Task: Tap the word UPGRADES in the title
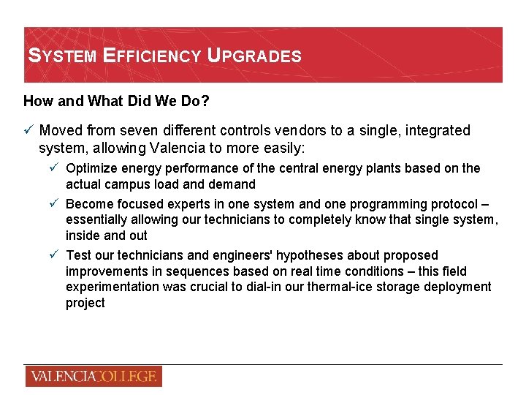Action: click(254, 56)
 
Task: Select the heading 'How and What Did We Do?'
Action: click(116, 101)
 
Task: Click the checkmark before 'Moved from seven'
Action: click(28, 130)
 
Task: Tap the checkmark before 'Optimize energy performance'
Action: click(55, 168)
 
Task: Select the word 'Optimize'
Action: click(91, 168)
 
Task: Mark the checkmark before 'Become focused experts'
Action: click(55, 204)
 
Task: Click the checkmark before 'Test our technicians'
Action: click(55, 255)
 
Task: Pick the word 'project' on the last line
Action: click(85, 303)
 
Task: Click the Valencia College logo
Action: click(93, 377)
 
